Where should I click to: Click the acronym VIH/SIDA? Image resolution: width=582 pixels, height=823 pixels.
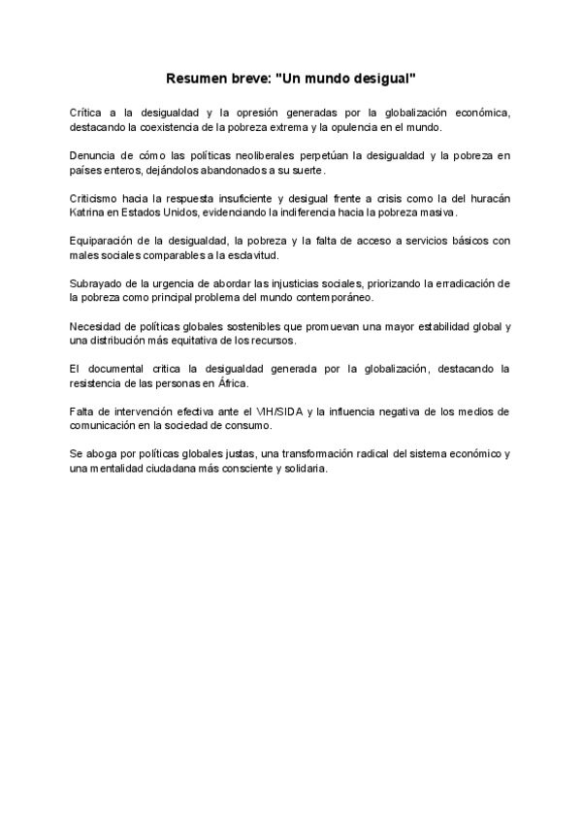click(278, 411)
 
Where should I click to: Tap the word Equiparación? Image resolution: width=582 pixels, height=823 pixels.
click(106, 241)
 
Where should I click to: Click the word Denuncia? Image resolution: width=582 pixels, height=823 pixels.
click(94, 155)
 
